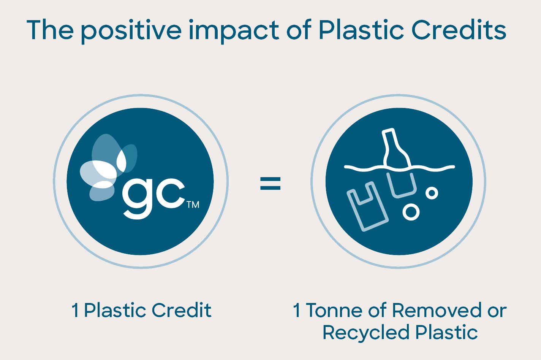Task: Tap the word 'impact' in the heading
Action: (234, 31)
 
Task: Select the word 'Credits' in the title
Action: (459, 30)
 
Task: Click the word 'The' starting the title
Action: (50, 30)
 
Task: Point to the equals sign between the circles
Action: (270, 183)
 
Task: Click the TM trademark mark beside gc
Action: (193, 205)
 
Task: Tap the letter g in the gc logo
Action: (137, 198)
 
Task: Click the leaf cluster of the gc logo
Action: (108, 167)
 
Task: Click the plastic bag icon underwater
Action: (367, 207)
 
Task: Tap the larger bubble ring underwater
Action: (411, 212)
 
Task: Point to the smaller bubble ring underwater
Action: (432, 193)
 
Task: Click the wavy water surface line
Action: (399, 168)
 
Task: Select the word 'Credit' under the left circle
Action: (182, 310)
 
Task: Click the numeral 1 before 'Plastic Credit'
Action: (75, 310)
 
